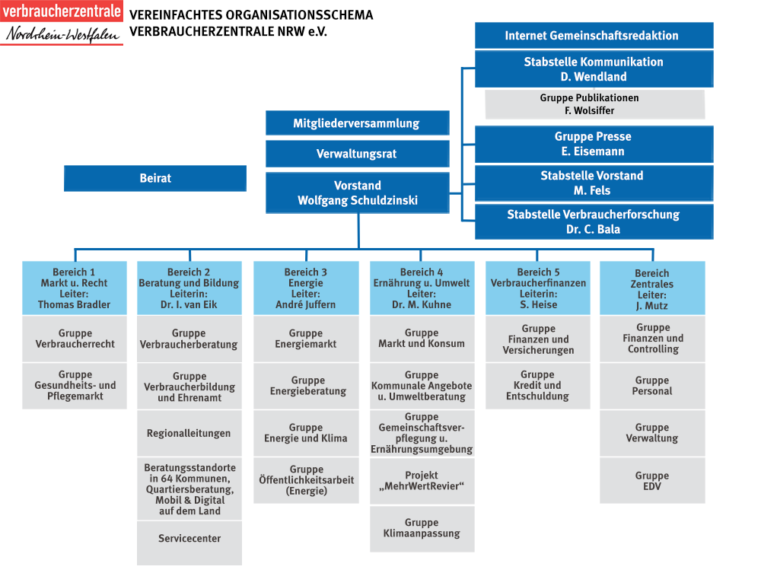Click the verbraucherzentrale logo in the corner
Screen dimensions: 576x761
pos(61,23)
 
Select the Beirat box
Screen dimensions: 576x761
pos(155,178)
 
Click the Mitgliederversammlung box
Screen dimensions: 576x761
pos(357,123)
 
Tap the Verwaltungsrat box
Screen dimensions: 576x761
pos(357,154)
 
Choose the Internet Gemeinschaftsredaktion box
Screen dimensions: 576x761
pos(594,36)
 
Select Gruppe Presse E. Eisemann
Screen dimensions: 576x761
pos(594,144)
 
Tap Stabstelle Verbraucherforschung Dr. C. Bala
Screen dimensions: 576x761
pos(594,221)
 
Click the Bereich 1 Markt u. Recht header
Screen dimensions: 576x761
pos(75,288)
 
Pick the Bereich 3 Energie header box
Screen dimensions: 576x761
pos(306,288)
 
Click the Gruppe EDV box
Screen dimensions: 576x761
pos(652,481)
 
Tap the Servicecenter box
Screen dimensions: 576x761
pos(189,539)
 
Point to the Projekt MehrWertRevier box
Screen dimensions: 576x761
pos(422,481)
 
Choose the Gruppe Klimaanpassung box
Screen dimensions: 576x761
pos(422,528)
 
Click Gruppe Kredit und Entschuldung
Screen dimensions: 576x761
pos(537,386)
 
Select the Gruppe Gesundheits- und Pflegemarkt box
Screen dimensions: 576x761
pos(75,386)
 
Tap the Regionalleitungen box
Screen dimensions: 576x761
pos(189,434)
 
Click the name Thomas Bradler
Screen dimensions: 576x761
pos(75,304)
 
